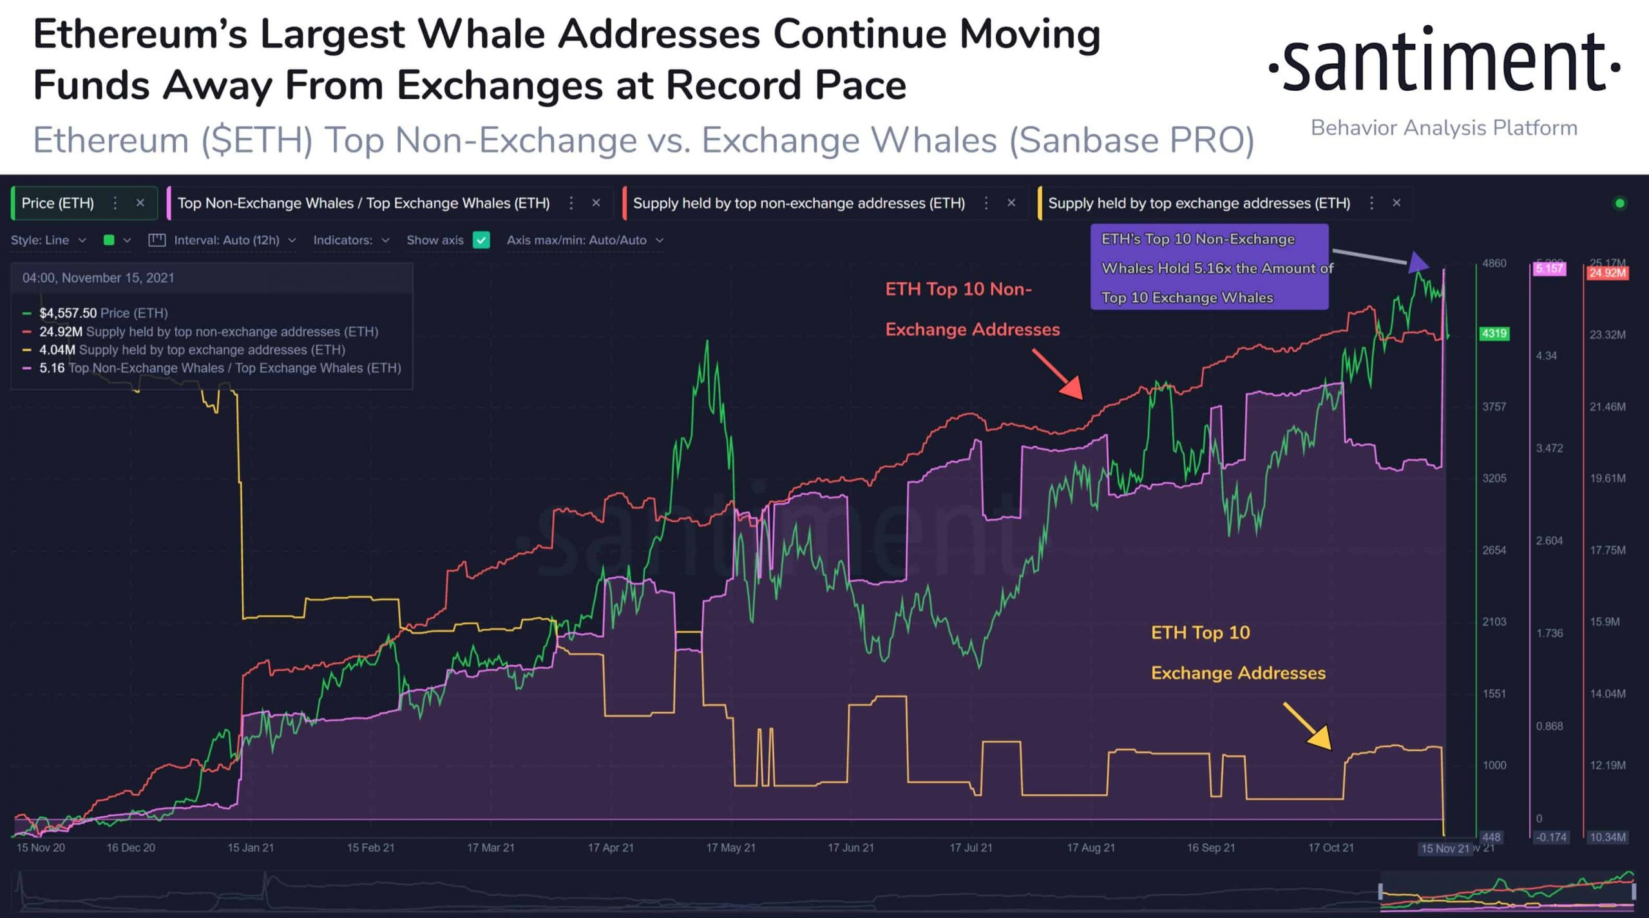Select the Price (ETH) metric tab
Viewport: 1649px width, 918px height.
click(x=58, y=204)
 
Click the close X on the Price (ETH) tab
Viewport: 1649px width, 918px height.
click(x=140, y=203)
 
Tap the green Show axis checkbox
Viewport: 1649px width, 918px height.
click(x=481, y=240)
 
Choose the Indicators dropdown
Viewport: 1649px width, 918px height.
click(x=351, y=240)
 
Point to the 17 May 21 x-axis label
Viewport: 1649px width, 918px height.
click(x=730, y=848)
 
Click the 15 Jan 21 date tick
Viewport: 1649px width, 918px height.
click(x=251, y=848)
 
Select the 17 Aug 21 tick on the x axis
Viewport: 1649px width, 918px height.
click(x=1091, y=848)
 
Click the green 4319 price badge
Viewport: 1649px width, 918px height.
click(x=1494, y=334)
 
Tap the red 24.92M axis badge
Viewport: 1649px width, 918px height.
click(x=1606, y=273)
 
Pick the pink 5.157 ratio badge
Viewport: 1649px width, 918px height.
click(x=1549, y=269)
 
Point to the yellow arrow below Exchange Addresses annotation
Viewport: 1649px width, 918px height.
click(x=1308, y=727)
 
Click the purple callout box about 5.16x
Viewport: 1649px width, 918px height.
click(x=1209, y=267)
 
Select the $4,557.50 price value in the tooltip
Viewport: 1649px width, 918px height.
click(x=68, y=313)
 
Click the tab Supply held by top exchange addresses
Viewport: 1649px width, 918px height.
click(x=1199, y=204)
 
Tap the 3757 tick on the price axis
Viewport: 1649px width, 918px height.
click(x=1494, y=407)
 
